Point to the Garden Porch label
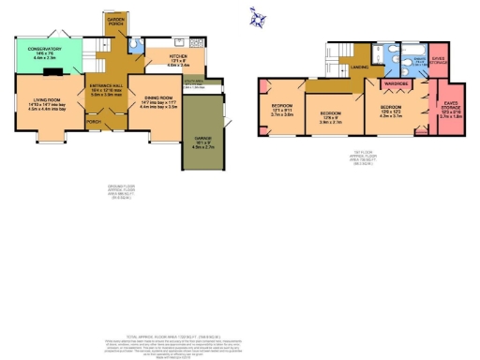coord(115,20)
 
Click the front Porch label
coord(93,121)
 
